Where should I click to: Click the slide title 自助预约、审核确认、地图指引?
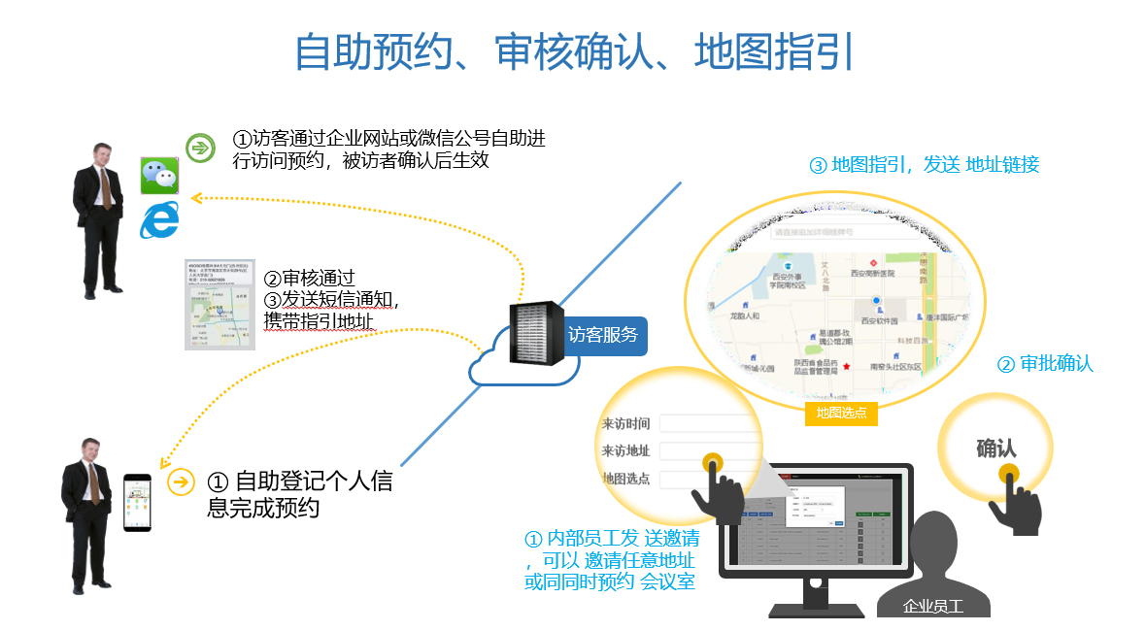coord(573,52)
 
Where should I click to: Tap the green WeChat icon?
coord(160,176)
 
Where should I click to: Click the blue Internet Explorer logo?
coord(160,220)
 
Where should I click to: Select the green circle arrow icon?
coord(200,148)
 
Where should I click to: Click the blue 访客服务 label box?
coord(603,335)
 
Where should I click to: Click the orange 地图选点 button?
coord(841,413)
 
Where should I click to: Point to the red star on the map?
coord(846,366)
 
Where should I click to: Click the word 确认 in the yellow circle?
coord(995,448)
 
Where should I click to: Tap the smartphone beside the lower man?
coord(138,502)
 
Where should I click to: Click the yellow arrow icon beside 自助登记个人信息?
coord(182,482)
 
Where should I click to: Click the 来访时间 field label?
coord(625,423)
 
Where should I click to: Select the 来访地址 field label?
coord(625,450)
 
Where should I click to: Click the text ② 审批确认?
coord(1045,364)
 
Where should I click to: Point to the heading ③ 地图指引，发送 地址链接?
coord(924,165)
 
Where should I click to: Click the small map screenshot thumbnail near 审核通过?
coord(220,304)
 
